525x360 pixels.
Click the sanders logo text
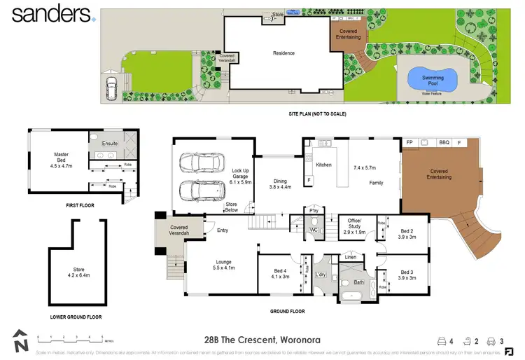pyautogui.click(x=51, y=13)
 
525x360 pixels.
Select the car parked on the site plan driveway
pyautogui.click(x=111, y=88)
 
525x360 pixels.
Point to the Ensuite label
pyautogui.click(x=109, y=144)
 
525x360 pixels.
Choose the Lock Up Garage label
pyautogui.click(x=240, y=177)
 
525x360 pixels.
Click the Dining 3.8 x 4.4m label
pyautogui.click(x=279, y=184)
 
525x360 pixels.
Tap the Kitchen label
pyautogui.click(x=323, y=165)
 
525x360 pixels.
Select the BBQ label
pyautogui.click(x=443, y=142)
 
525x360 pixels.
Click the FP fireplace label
pyautogui.click(x=409, y=142)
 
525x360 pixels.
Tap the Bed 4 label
pyautogui.click(x=279, y=273)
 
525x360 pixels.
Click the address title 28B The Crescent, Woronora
pyautogui.click(x=250, y=341)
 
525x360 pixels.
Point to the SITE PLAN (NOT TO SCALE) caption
pyautogui.click(x=317, y=113)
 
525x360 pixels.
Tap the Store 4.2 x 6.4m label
pyautogui.click(x=78, y=273)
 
